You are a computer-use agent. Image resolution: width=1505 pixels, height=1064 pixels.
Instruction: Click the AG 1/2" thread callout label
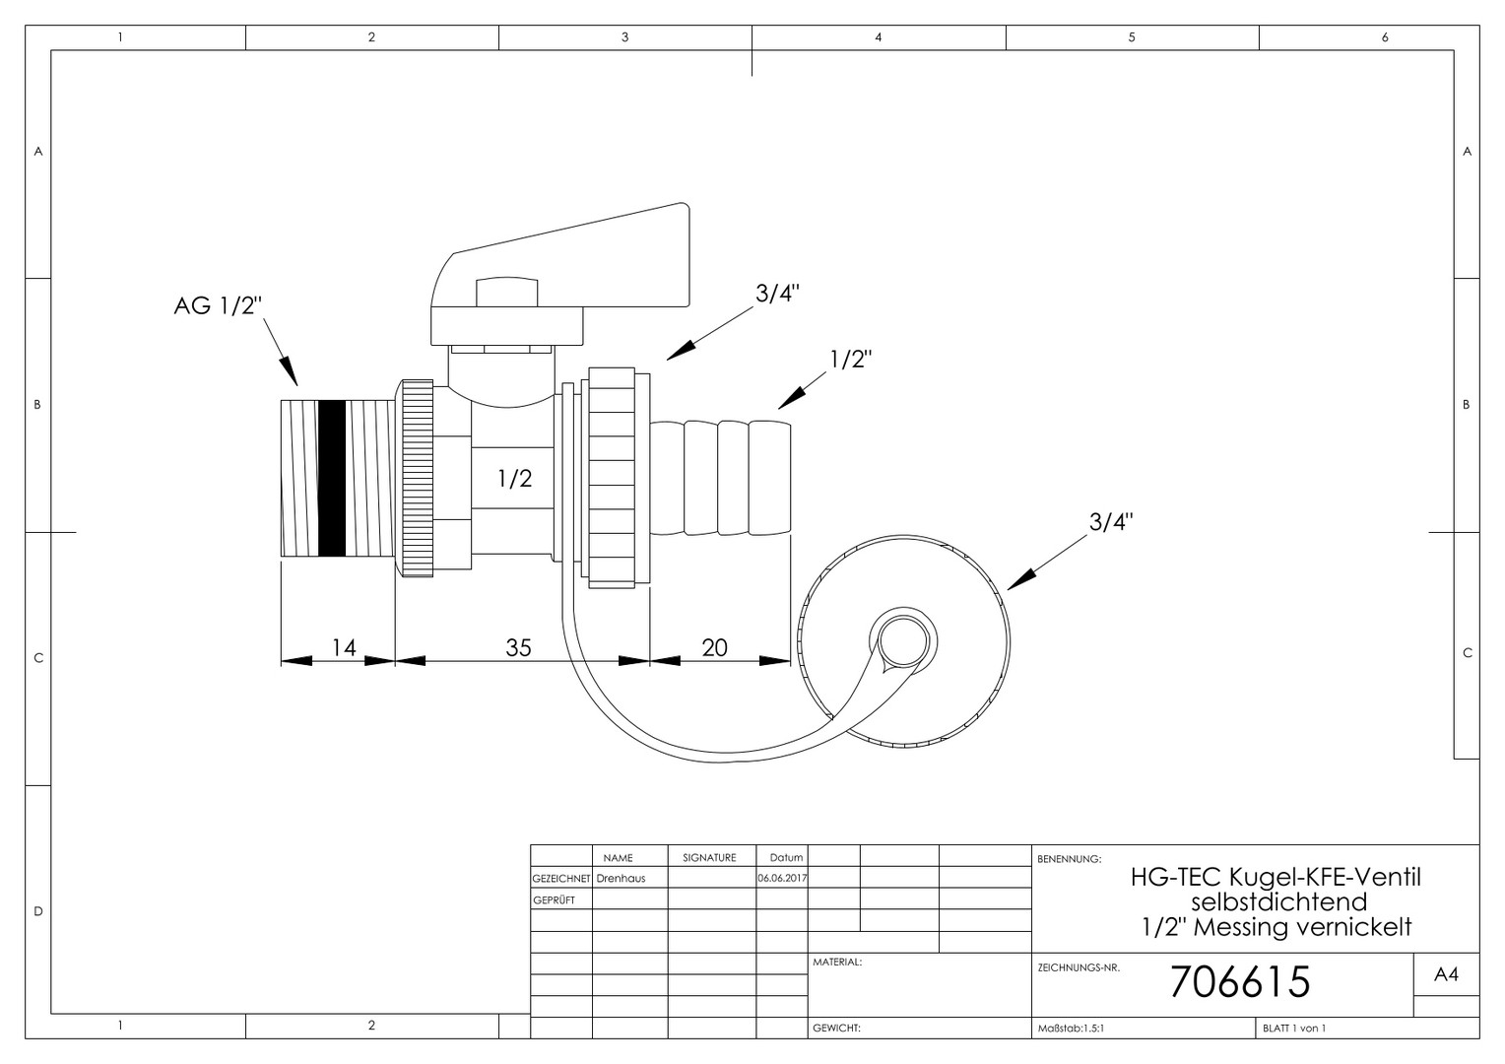pos(217,305)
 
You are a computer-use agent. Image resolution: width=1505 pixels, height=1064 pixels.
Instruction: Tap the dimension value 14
pos(344,647)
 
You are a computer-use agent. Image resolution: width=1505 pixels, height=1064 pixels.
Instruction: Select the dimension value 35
pos(518,647)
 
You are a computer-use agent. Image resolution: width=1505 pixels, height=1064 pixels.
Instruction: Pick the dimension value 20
pos(714,647)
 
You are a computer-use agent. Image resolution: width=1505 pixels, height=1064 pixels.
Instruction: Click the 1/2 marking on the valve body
pos(515,478)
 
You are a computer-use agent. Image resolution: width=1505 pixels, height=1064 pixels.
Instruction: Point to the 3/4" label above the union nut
pos(777,293)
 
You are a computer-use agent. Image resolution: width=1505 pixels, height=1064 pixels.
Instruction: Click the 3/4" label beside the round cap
pos(1111,521)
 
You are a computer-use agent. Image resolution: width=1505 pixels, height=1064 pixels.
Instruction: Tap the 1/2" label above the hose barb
pos(851,359)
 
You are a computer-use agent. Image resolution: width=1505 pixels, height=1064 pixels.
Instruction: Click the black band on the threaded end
pos(332,478)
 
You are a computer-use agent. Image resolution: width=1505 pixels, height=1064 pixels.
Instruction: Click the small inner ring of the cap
pos(903,640)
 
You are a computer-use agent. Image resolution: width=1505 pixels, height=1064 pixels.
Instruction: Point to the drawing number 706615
pos(1240,982)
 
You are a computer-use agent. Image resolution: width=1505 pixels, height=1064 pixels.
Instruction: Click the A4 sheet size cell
pos(1446,974)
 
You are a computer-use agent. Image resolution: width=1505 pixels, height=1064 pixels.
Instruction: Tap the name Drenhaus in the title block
pos(621,878)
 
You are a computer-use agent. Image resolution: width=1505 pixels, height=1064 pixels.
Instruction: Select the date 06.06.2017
pos(782,878)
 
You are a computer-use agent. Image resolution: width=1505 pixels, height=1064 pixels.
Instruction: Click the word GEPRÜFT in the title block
pos(554,900)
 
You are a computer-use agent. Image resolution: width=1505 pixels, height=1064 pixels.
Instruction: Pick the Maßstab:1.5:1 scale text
pos(1071,1029)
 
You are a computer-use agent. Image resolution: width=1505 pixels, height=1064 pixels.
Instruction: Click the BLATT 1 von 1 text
pos(1294,1029)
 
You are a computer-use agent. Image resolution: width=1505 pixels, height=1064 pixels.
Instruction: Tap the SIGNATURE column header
pos(709,858)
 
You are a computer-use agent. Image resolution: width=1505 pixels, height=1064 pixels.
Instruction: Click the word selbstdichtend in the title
pos(1278,901)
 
